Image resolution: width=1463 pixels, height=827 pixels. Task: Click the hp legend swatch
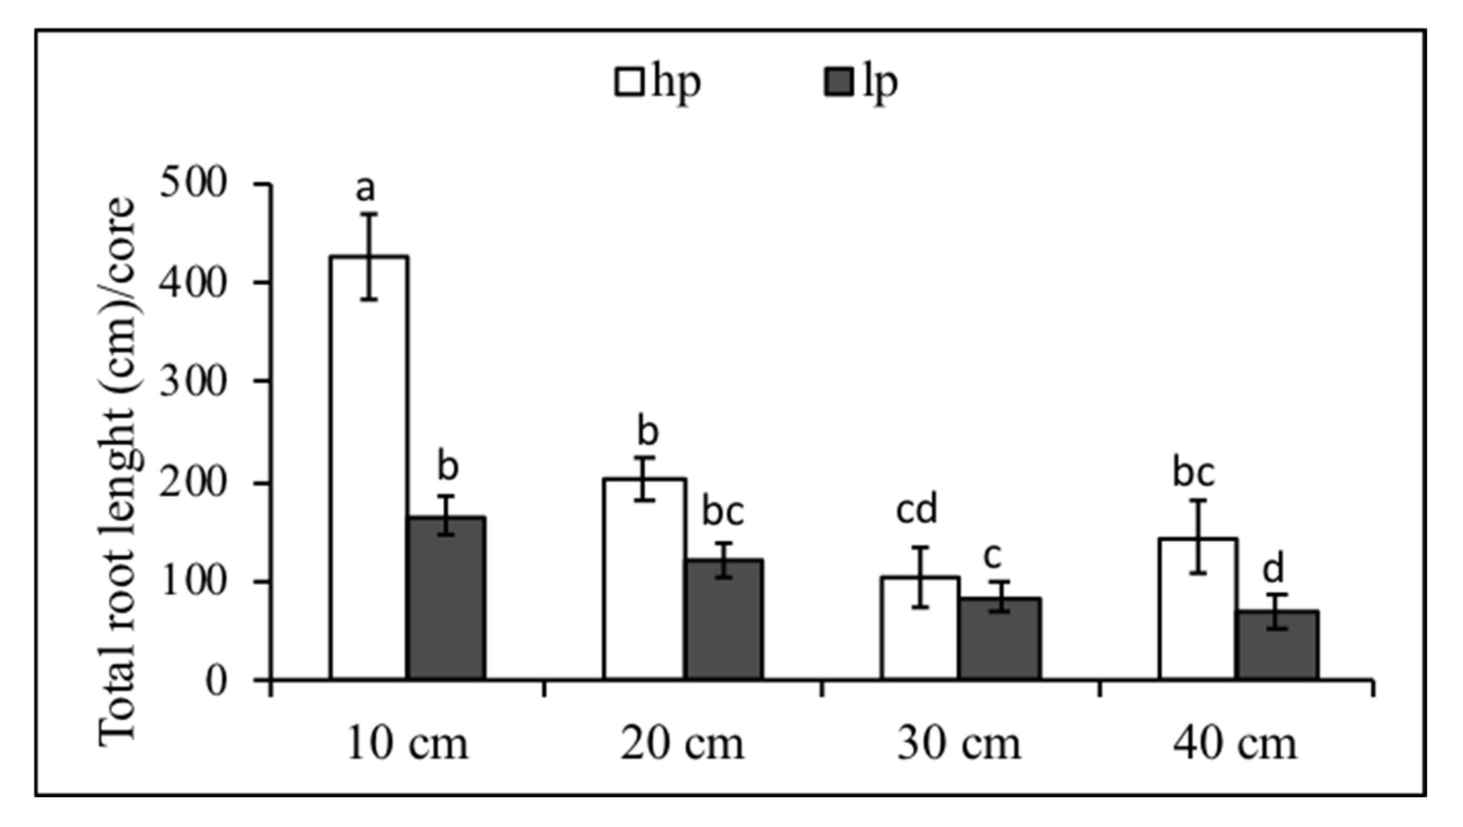[x=629, y=83]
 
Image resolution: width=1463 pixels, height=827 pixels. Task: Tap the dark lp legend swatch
[x=838, y=83]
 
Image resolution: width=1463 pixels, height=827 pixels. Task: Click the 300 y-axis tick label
[x=193, y=382]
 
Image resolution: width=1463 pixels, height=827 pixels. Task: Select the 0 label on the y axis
[x=216, y=680]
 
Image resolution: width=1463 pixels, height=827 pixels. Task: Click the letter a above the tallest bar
[x=366, y=189]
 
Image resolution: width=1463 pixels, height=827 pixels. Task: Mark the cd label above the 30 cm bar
[x=917, y=509]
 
